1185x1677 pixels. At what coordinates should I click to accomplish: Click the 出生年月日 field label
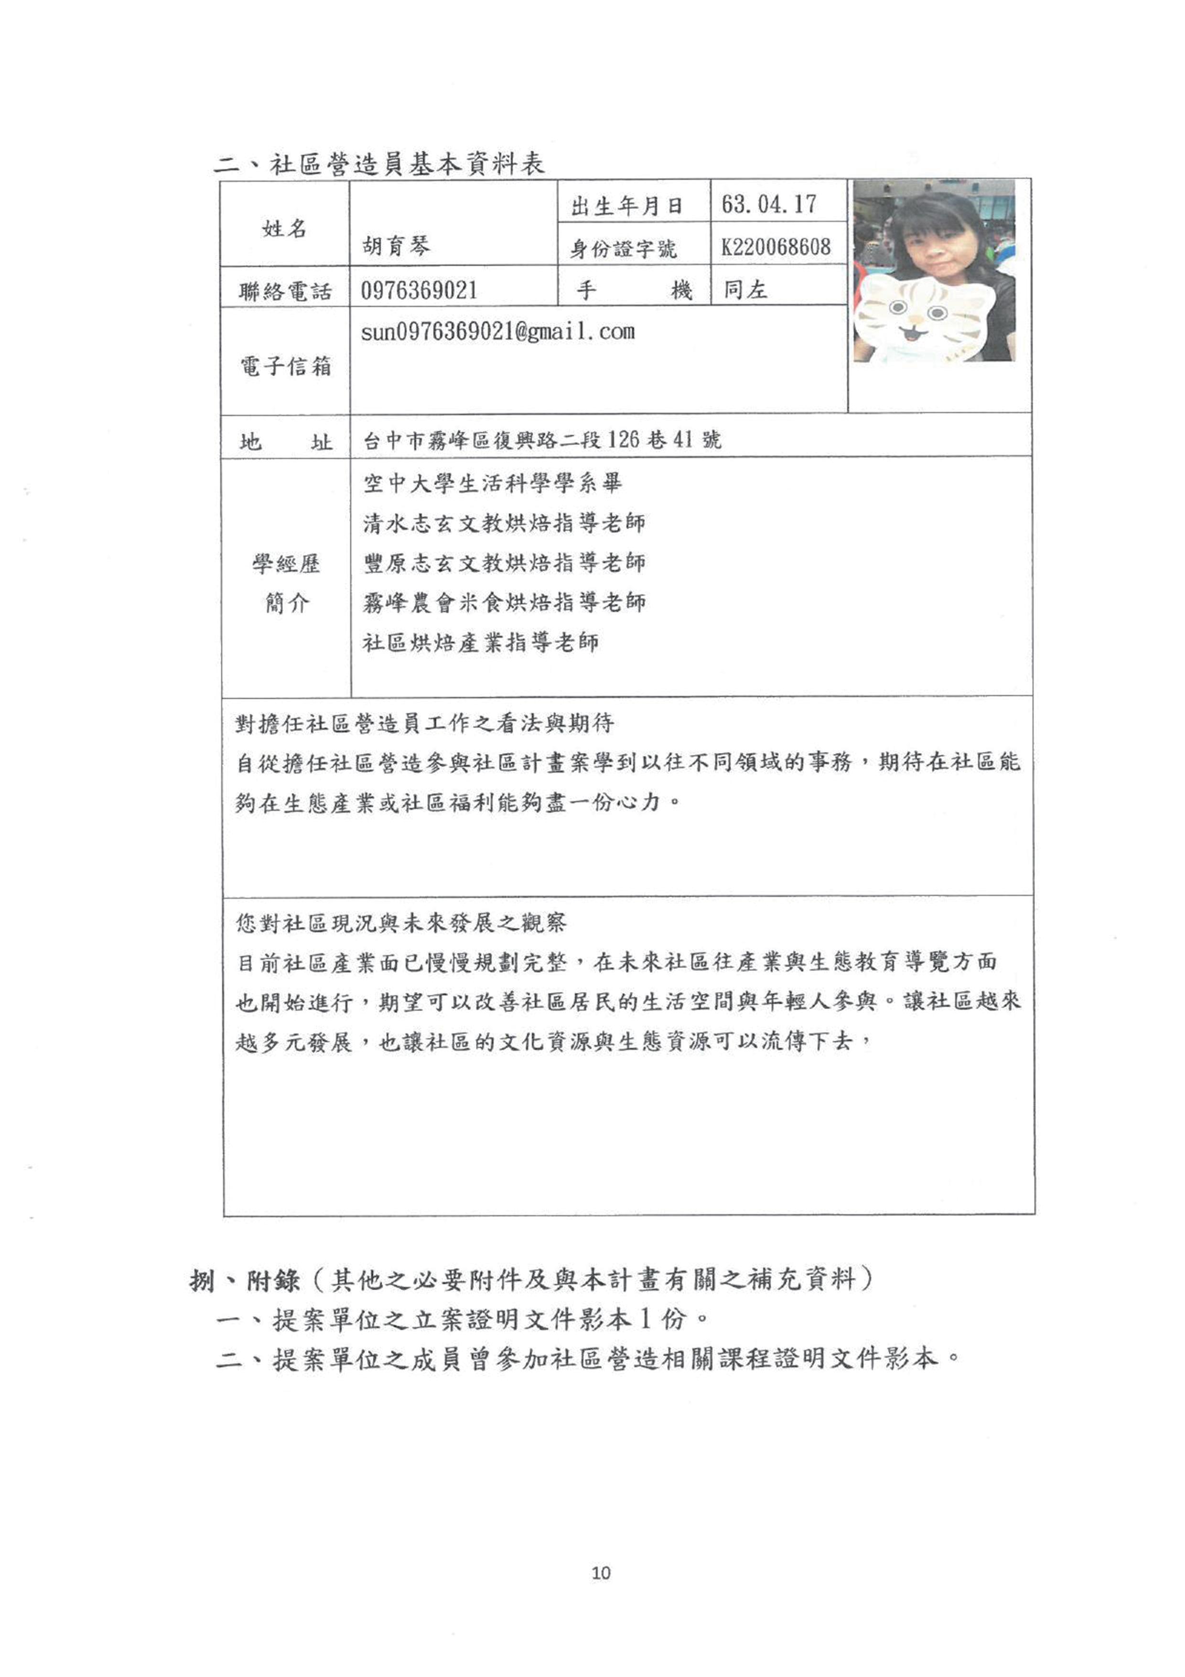point(626,206)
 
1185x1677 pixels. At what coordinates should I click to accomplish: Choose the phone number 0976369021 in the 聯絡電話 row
point(419,291)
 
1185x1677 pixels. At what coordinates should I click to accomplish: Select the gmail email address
point(498,332)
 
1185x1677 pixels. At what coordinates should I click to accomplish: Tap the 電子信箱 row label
point(285,365)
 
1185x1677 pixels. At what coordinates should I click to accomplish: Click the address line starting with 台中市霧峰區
point(542,440)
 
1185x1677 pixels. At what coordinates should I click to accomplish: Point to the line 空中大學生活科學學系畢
point(493,483)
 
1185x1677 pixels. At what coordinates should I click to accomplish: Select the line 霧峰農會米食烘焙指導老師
point(505,602)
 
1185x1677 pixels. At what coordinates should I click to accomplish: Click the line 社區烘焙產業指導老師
point(481,643)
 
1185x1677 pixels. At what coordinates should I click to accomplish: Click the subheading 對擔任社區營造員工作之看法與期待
point(424,724)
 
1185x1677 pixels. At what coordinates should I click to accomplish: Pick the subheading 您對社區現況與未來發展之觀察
point(401,923)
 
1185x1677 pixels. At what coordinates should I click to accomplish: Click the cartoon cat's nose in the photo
point(913,327)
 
